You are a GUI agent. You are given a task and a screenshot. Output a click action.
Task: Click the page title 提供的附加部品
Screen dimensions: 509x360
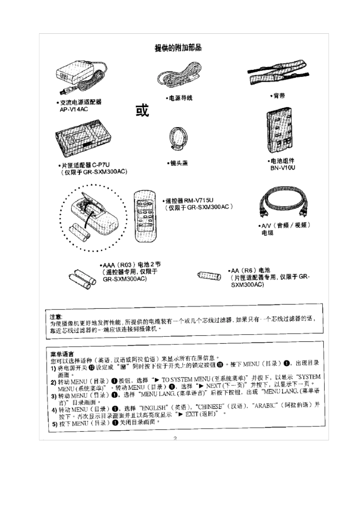click(178, 48)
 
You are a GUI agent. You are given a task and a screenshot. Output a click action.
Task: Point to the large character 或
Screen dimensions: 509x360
click(142, 110)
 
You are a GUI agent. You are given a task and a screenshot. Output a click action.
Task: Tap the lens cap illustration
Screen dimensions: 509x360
click(178, 140)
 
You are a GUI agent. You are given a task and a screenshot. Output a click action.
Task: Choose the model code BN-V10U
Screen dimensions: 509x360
click(283, 168)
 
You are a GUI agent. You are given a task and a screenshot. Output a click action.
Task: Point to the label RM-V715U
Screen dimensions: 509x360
click(199, 200)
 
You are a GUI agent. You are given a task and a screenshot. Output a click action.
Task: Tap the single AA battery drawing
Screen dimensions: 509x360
click(209, 275)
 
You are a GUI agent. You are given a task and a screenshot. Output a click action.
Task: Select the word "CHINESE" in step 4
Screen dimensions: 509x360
click(210, 407)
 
